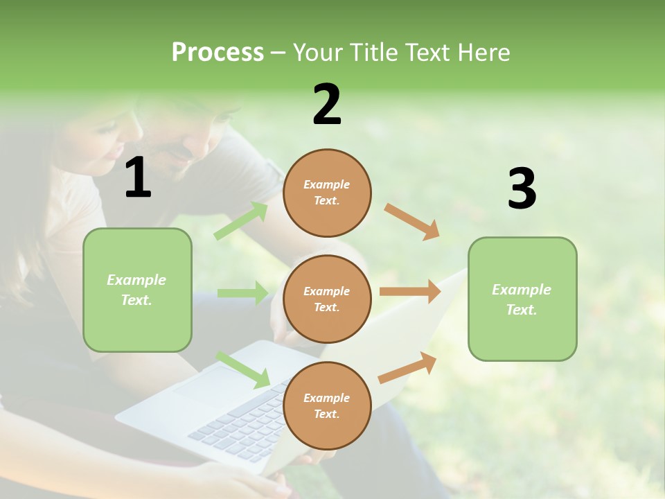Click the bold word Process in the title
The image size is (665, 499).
[218, 52]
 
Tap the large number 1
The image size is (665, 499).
[138, 178]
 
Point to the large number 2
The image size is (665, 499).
[327, 105]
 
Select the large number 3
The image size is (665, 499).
[522, 189]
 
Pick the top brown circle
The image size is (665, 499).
[327, 193]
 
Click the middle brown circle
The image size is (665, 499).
[327, 299]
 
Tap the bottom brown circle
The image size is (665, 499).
[327, 405]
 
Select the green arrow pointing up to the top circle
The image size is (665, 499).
[240, 221]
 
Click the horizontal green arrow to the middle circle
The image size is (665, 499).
[242, 293]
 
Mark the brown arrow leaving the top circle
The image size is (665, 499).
[412, 221]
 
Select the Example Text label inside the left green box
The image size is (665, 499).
[136, 290]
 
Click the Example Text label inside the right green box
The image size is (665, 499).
[522, 299]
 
